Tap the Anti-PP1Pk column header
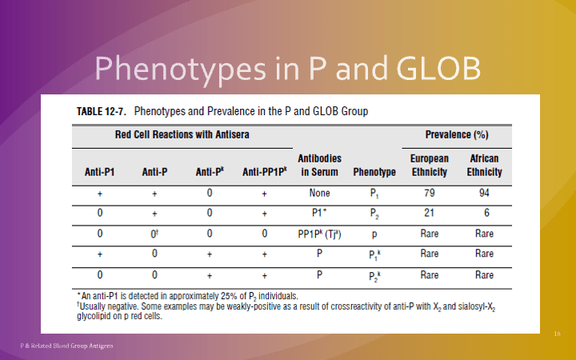[263, 172]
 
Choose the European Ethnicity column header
[430, 166]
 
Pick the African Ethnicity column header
[485, 166]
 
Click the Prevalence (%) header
[458, 134]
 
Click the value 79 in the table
[430, 194]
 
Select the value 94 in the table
[484, 194]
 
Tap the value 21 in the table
[430, 214]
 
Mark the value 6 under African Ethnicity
[484, 214]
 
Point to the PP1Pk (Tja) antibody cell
[320, 234]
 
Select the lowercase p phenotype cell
[374, 234]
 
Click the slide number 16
[558, 331]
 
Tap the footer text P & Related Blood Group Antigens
[66, 346]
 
